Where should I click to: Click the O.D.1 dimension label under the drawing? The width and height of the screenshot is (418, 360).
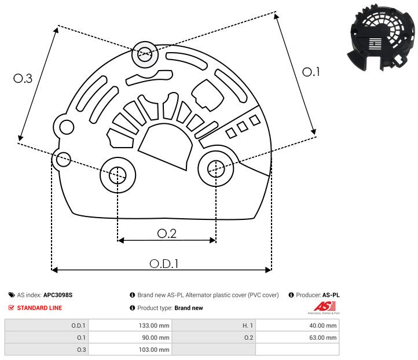pos(164,263)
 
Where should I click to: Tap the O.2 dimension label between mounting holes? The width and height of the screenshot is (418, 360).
pos(167,233)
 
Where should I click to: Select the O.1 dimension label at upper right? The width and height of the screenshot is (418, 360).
pos(311,72)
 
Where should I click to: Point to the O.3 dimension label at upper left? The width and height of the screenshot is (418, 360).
pos(23,79)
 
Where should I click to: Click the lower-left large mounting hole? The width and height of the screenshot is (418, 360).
pos(118,174)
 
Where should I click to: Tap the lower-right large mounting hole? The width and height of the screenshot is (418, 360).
pos(216,168)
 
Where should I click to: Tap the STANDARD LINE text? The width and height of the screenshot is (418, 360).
pos(39,308)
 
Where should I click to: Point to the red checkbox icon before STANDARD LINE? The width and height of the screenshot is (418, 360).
pos(12,308)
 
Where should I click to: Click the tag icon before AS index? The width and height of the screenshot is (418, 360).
pos(12,295)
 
